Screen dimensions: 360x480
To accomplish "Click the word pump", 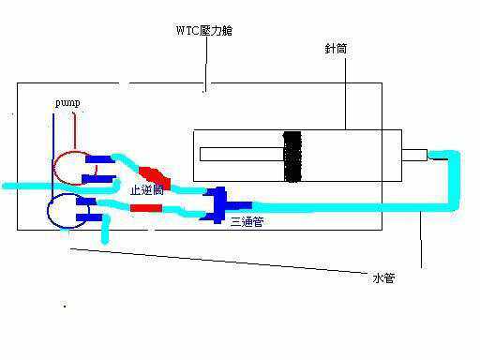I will [67, 100].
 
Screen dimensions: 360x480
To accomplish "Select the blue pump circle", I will [66, 211].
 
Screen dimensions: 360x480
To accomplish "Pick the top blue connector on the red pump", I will [97, 158].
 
